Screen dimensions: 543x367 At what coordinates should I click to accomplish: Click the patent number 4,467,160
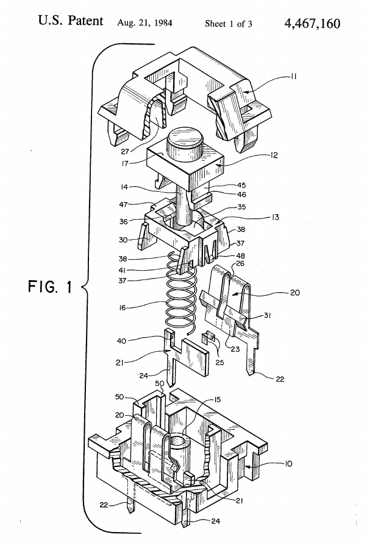point(312,23)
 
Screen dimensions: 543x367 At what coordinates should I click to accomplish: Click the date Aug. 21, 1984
point(144,24)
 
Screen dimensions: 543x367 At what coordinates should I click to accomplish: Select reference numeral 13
point(274,217)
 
